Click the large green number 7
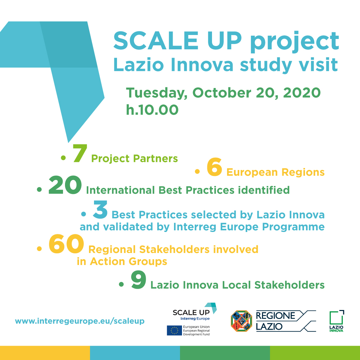pyautogui.click(x=80, y=153)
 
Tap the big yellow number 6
pyautogui.click(x=214, y=167)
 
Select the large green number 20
pyautogui.click(x=65, y=185)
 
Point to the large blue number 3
pyautogui.click(x=100, y=210)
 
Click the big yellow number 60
pyautogui.click(x=66, y=244)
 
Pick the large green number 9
pyautogui.click(x=138, y=280)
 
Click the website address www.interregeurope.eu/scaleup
pyautogui.click(x=80, y=321)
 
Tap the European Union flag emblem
pyautogui.click(x=174, y=330)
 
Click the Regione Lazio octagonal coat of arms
pyautogui.click(x=241, y=321)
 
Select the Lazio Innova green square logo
pyautogui.click(x=337, y=321)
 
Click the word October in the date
pyautogui.click(x=222, y=93)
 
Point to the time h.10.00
pyautogui.click(x=152, y=110)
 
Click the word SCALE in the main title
pyautogui.click(x=156, y=41)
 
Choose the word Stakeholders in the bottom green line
pyautogui.click(x=289, y=285)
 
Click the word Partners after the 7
pyautogui.click(x=155, y=159)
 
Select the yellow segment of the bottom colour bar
pyautogui.click(x=45, y=353)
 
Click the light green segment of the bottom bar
pyautogui.click(x=315, y=353)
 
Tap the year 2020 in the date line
pyautogui.click(x=302, y=93)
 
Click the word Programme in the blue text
pyautogui.click(x=293, y=227)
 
